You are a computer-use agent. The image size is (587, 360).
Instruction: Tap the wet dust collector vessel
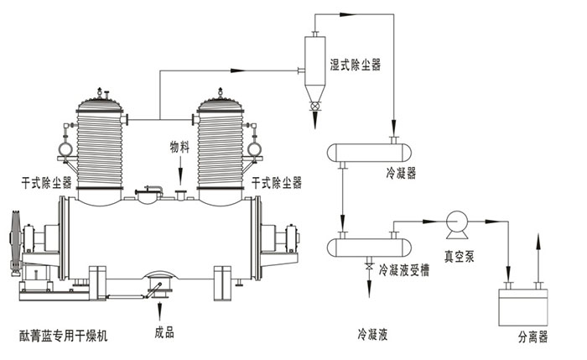pos(314,63)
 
